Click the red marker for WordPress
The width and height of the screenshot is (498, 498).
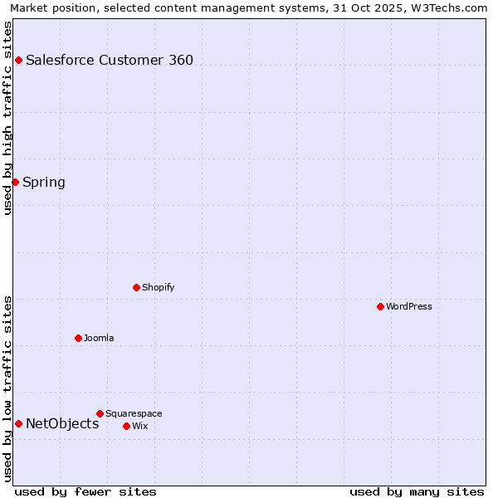coord(380,306)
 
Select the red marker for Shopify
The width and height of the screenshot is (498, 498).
coord(136,287)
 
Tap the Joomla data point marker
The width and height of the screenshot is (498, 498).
coord(78,338)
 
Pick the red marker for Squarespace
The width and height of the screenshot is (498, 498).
coord(100,413)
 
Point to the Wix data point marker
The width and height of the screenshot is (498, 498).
coord(126,426)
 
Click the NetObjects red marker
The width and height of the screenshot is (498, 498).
coord(18,423)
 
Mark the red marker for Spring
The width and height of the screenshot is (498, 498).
coord(15,182)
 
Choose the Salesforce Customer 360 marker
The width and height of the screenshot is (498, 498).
coord(18,60)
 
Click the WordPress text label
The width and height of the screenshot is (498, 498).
coord(409,306)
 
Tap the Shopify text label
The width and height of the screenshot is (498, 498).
coord(158,287)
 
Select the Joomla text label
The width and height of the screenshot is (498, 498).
coord(99,338)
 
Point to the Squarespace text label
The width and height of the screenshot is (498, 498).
coord(134,413)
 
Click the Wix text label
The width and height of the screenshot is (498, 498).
coord(140,426)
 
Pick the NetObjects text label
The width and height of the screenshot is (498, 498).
coord(62,423)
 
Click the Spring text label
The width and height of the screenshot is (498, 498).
coord(44,182)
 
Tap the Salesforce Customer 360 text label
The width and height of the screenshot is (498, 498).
coord(110,60)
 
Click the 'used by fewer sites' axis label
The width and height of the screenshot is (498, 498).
coord(85,491)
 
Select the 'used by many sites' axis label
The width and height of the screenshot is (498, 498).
coord(417,491)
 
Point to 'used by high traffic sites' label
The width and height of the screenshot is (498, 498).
coord(7,118)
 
